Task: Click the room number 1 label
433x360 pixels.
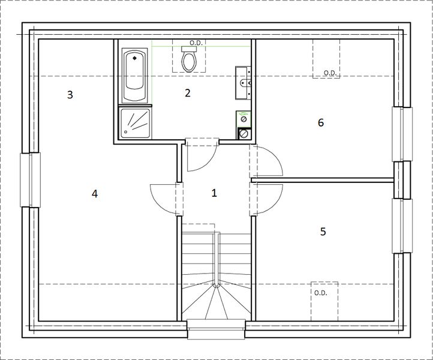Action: pyautogui.click(x=214, y=193)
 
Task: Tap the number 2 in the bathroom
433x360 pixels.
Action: pyautogui.click(x=188, y=92)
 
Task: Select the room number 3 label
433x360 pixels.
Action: pyautogui.click(x=70, y=94)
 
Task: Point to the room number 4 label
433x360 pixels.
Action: pyautogui.click(x=94, y=193)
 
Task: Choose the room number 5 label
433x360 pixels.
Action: pyautogui.click(x=323, y=232)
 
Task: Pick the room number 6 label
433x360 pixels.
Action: pyautogui.click(x=321, y=123)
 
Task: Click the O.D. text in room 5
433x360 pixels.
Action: pyautogui.click(x=320, y=293)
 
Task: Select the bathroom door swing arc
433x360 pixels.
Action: pyautogui.click(x=201, y=157)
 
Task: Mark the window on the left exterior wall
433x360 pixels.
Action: pyautogui.click(x=30, y=179)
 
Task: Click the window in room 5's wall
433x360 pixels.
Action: pyautogui.click(x=402, y=225)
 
